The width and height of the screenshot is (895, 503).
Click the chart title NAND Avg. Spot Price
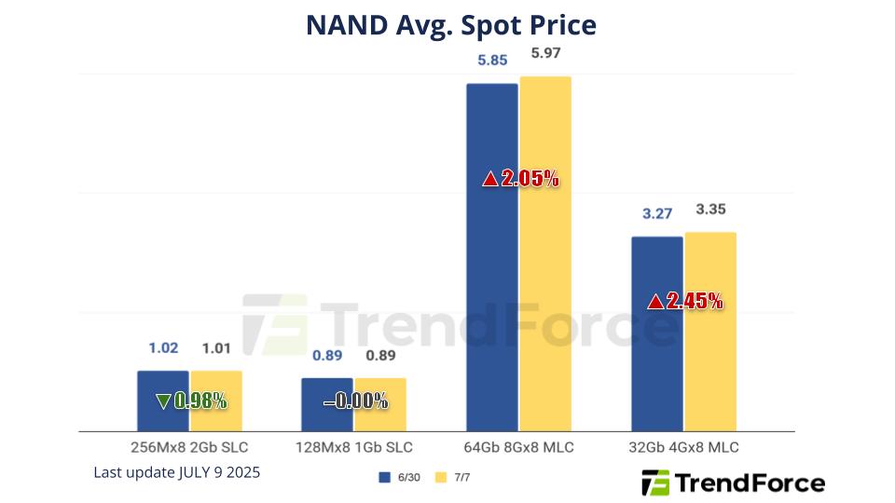[450, 25]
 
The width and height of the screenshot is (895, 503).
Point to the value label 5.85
[492, 60]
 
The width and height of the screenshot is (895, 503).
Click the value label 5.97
[546, 53]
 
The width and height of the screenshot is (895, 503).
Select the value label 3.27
[657, 214]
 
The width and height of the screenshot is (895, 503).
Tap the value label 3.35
[711, 208]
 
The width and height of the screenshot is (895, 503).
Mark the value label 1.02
[163, 348]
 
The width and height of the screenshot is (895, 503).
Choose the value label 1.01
[217, 348]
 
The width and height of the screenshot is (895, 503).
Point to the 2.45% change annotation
[685, 301]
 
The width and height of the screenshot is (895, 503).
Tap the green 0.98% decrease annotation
[191, 401]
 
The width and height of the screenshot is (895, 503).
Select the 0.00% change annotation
[355, 401]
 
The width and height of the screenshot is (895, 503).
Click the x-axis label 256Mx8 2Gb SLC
[190, 447]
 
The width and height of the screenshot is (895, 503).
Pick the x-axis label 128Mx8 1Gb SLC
[354, 447]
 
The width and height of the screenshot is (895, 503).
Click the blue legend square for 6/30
[383, 477]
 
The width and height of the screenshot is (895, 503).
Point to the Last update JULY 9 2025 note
[176, 472]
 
